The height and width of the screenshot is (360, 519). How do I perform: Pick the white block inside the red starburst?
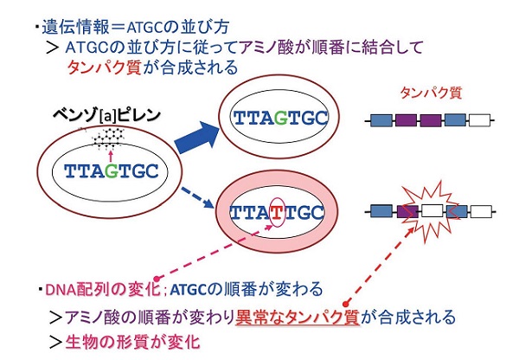429,209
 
